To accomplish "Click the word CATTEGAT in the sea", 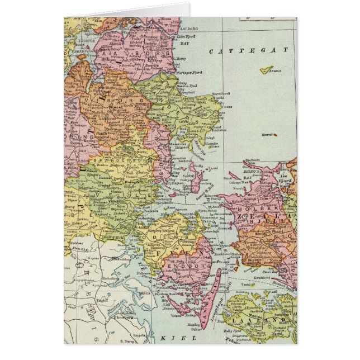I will (246, 51).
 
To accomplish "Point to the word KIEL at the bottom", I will (170, 338).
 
